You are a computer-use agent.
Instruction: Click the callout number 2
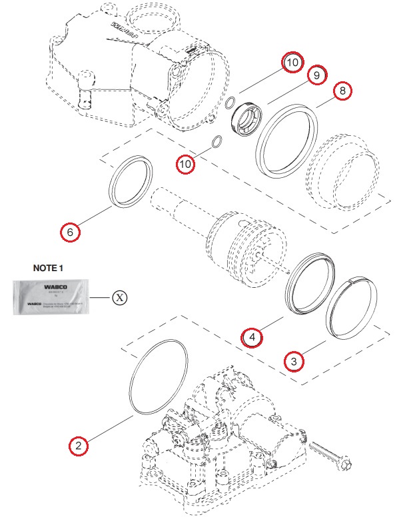click(79, 445)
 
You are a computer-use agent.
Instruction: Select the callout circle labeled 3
click(294, 362)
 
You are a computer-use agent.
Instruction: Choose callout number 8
click(342, 90)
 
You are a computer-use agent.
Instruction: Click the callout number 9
click(316, 75)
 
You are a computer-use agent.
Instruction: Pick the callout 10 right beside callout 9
click(292, 62)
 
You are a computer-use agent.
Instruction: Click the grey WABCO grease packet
click(51, 297)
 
